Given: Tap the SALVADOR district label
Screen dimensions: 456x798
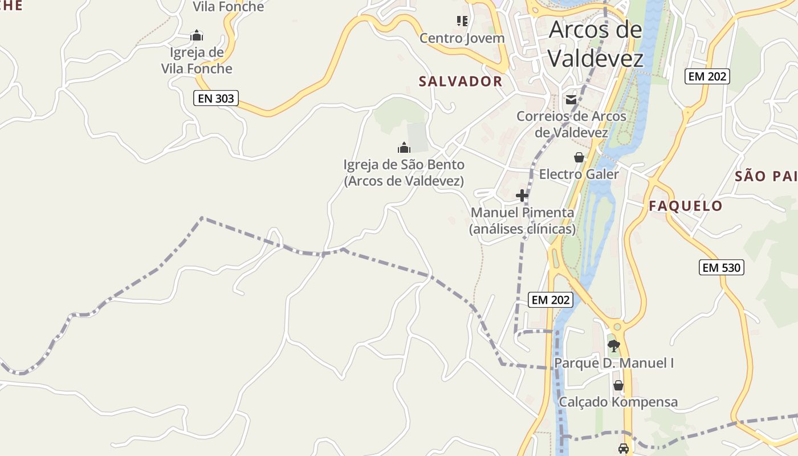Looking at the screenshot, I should point(461,82).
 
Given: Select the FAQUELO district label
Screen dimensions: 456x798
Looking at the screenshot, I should point(686,206).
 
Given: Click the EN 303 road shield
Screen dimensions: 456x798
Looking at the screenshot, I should point(215,98).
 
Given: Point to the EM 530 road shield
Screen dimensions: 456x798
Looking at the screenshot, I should point(722,267).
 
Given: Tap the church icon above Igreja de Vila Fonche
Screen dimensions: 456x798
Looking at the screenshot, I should point(197,36).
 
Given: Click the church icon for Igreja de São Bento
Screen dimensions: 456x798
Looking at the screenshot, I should point(404,148).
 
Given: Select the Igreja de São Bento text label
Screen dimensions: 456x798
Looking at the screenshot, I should point(404,173).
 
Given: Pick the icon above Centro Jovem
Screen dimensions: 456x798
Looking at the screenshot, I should point(462,22).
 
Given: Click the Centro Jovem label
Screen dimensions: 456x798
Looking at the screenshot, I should point(462,38).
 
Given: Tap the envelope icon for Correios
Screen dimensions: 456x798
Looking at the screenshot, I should point(571,100).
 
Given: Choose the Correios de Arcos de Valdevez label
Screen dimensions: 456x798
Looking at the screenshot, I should point(571,124).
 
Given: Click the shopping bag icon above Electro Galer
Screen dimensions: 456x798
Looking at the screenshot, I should point(579,157).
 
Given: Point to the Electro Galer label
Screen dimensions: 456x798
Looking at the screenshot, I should point(579,174).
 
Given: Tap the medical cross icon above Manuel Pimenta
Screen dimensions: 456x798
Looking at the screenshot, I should point(522,196).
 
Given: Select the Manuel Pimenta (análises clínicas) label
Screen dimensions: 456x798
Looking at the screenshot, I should point(522,221).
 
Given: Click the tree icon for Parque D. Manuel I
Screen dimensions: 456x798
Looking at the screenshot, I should point(614,345).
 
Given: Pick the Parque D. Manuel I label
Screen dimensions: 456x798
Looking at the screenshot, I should point(614,363).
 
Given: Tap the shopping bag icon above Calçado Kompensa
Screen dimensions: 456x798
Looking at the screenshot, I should point(618,386).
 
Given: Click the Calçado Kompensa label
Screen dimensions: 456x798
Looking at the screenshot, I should point(618,402).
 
